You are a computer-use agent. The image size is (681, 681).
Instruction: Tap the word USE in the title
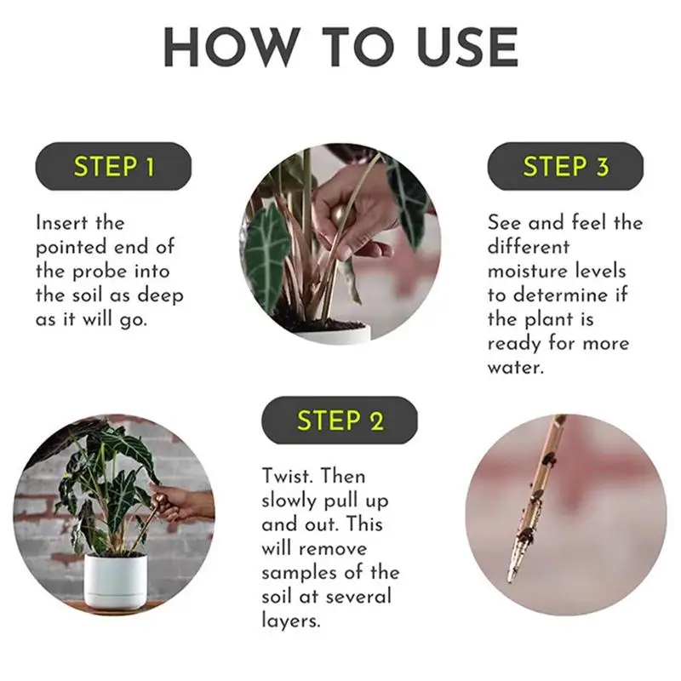coord(467,48)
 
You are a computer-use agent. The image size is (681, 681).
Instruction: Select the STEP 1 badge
coord(113,166)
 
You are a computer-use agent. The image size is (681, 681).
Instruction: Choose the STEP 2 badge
coord(339,420)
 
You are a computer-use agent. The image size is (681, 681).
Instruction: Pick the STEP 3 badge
coord(565,166)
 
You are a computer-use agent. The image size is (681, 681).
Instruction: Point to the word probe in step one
coord(100,272)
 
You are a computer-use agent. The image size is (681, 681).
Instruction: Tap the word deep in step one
coord(160,296)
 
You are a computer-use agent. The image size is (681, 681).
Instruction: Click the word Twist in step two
coord(287,476)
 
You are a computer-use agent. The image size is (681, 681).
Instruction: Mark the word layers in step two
coord(291,621)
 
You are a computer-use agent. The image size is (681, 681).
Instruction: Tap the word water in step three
coord(516,368)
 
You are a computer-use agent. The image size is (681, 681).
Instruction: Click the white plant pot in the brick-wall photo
coord(115,581)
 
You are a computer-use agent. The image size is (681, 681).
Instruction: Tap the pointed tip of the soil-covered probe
coord(509,582)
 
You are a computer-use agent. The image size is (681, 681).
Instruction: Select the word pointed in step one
coord(72,248)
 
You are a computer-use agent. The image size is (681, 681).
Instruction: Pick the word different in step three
coord(528,247)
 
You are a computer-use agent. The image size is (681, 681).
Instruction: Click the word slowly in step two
coord(289,501)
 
